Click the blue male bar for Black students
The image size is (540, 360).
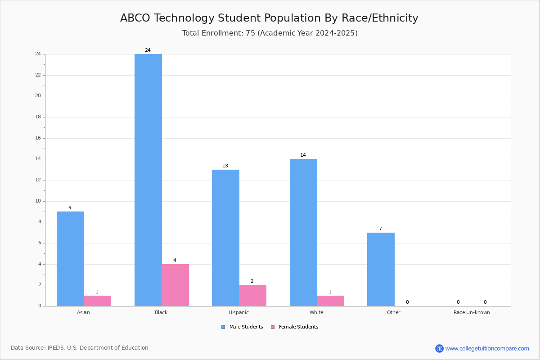click(x=148, y=180)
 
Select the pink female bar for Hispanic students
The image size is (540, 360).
click(x=252, y=296)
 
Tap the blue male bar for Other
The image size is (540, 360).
click(x=381, y=270)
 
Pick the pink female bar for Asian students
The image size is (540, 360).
click(x=97, y=301)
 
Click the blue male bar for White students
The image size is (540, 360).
click(x=303, y=233)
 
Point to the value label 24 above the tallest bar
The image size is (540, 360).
click(x=148, y=50)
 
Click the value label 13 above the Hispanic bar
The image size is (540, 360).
click(x=225, y=166)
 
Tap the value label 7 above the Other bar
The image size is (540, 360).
click(x=380, y=229)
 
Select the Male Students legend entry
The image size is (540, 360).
click(x=242, y=327)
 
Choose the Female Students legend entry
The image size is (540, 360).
click(x=295, y=327)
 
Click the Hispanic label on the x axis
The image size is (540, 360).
click(x=238, y=312)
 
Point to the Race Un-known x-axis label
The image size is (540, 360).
click(x=472, y=312)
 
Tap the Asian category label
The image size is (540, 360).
click(x=83, y=312)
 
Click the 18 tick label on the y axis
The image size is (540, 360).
click(x=38, y=117)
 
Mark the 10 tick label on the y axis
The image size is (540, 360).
click(x=38, y=201)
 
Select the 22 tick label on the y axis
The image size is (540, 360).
click(x=38, y=75)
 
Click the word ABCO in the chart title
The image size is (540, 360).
click(x=135, y=18)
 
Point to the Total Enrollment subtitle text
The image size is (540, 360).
click(x=270, y=33)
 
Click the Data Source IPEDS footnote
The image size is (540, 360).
click(x=80, y=348)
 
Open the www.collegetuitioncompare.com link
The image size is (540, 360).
click(x=487, y=348)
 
